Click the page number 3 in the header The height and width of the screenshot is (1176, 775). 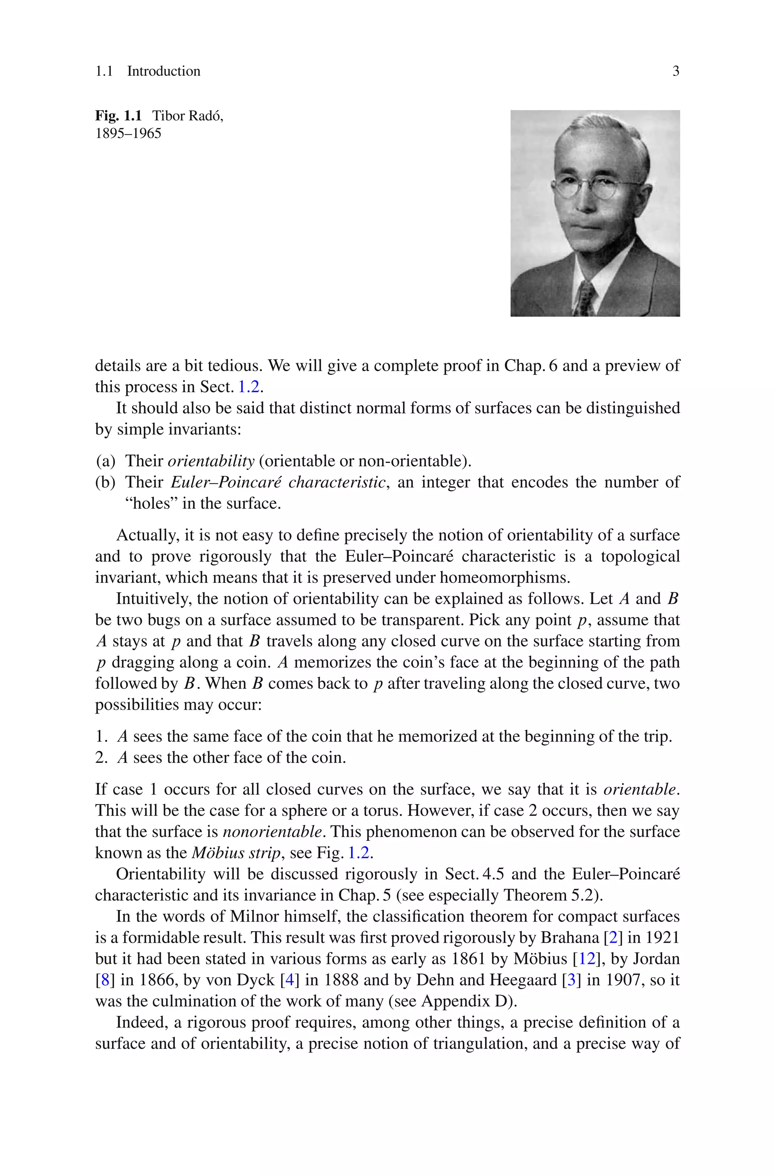click(675, 71)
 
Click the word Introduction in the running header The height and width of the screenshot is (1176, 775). click(163, 71)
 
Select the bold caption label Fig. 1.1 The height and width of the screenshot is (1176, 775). click(118, 116)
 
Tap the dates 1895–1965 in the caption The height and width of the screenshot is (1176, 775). click(128, 134)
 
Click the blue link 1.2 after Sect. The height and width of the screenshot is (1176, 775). click(249, 386)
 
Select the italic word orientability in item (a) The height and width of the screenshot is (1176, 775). click(211, 461)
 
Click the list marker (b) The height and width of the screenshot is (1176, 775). click(105, 482)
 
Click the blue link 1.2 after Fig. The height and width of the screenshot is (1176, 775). click(358, 853)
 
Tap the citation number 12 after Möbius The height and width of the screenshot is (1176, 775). click(586, 959)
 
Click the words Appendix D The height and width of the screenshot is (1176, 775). click(466, 1001)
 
